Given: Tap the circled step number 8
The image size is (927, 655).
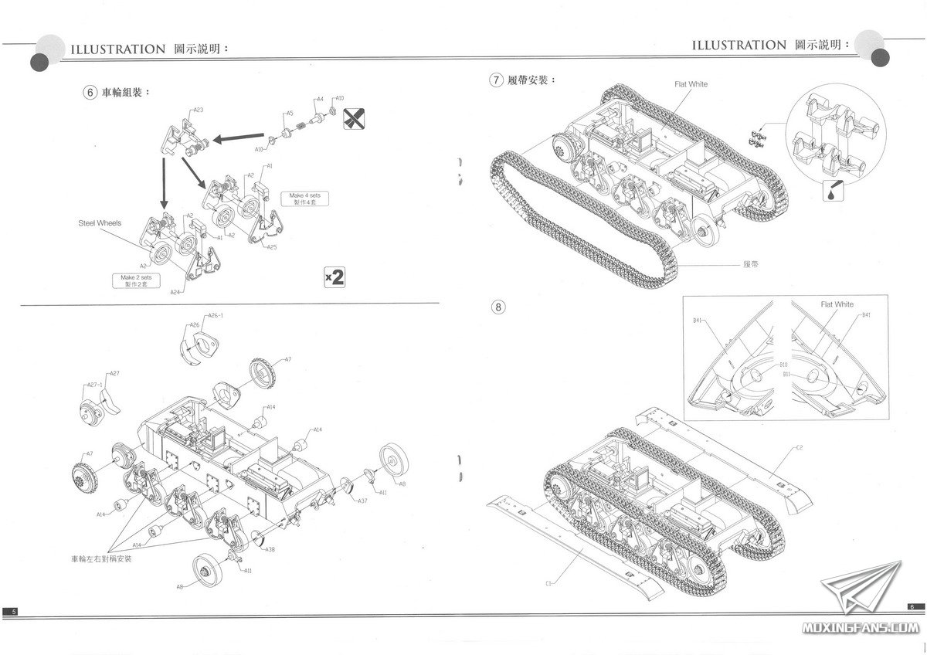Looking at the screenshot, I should click(499, 307).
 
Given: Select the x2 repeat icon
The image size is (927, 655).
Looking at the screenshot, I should click(334, 277).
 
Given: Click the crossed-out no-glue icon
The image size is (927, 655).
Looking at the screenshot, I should click(353, 118).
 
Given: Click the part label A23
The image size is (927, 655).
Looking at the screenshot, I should click(198, 110).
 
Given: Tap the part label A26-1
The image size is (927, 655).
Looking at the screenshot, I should click(216, 315).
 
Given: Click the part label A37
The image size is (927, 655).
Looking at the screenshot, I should click(362, 501).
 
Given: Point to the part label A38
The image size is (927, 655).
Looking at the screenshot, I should click(270, 549).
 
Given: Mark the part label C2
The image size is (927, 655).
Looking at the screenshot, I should click(799, 448).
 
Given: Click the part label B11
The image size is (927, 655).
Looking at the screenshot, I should click(785, 374).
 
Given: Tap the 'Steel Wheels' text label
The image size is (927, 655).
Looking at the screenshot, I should click(100, 223).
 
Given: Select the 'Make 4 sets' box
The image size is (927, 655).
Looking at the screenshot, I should click(304, 199).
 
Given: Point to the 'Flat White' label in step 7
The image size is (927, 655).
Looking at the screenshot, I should click(691, 84).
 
